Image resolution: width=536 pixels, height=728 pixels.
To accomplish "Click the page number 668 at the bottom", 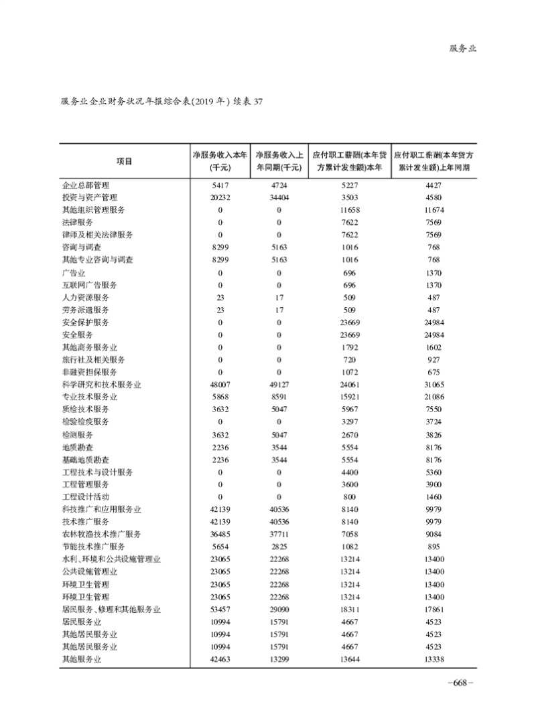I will pyautogui.click(x=460, y=682).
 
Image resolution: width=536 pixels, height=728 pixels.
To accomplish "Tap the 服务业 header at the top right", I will pyautogui.click(x=462, y=49).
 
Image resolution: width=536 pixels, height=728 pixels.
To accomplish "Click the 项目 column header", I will pyautogui.click(x=124, y=161).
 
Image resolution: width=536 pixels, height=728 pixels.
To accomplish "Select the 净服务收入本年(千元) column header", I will pyautogui.click(x=220, y=161).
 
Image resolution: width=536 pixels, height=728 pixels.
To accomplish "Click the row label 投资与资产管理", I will pyautogui.click(x=90, y=197).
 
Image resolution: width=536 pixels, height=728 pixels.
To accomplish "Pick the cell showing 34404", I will pyautogui.click(x=279, y=197).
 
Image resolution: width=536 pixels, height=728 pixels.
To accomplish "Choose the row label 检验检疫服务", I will pyautogui.click(x=85, y=422).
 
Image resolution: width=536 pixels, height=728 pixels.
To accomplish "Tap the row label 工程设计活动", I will pyautogui.click(x=85, y=496).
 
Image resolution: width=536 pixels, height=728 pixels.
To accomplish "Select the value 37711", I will pyautogui.click(x=279, y=534).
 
